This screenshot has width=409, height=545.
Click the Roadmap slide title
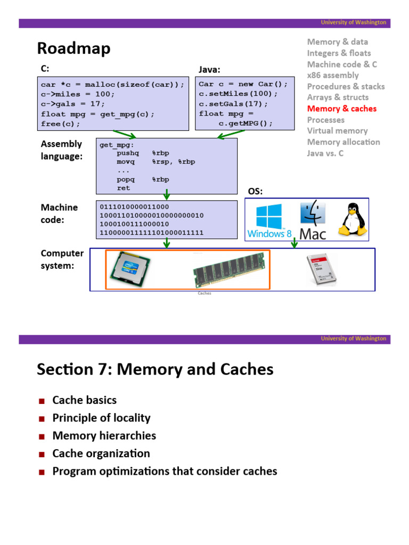pyautogui.click(x=73, y=48)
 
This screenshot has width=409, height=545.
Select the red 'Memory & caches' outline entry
pyautogui.click(x=341, y=109)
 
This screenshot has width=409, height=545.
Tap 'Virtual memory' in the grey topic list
pyautogui.click(x=337, y=131)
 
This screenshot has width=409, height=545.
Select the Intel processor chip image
pyautogui.click(x=128, y=270)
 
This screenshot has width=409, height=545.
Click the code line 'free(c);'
pyautogui.click(x=61, y=123)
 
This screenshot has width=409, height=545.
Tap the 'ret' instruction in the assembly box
pyautogui.click(x=124, y=188)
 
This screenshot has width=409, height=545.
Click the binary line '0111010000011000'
pyautogui.click(x=134, y=207)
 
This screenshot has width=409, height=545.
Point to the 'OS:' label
pyautogui.click(x=256, y=191)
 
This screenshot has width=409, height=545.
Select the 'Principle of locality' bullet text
pyautogui.click(x=101, y=418)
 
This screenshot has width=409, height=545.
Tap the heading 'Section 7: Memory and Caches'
pyautogui.click(x=155, y=369)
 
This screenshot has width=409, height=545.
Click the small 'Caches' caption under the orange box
pyautogui.click(x=204, y=293)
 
